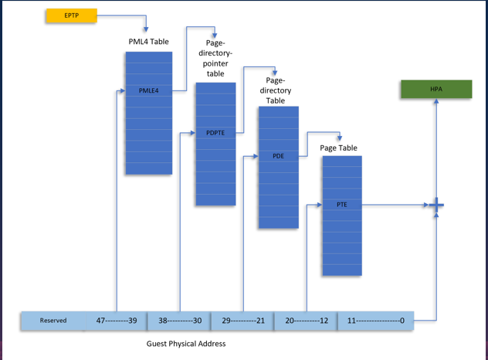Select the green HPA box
point(435,89)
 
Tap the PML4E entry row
point(148,90)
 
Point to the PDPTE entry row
point(215,133)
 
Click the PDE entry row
point(278,156)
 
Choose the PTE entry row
point(341,205)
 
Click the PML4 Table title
point(148,41)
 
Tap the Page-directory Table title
point(276,90)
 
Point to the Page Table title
point(338,148)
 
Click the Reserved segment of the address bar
point(53,321)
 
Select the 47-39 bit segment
point(116,321)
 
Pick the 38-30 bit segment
point(179,321)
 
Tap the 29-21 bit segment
point(242,321)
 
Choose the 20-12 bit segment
point(306,321)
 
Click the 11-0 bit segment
point(376,321)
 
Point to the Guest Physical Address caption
point(186,343)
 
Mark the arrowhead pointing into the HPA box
point(435,101)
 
